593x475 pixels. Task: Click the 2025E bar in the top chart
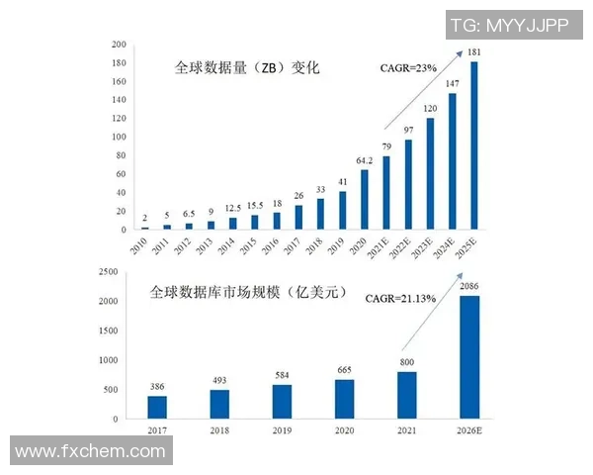pos(474,145)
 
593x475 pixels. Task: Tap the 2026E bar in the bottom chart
pos(469,357)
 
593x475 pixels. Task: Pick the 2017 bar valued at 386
pos(157,407)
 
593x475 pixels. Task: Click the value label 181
pos(474,52)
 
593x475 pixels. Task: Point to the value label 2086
pos(469,286)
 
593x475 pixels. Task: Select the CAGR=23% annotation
pos(409,68)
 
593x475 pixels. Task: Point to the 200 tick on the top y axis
pos(119,45)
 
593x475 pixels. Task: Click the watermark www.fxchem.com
pos(91,451)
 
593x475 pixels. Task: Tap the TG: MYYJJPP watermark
pos(509,25)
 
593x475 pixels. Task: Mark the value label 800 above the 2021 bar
pos(407,362)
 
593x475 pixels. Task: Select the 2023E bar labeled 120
pos(430,173)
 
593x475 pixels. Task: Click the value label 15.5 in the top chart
pos(255,205)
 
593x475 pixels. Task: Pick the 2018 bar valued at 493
pos(219,404)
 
